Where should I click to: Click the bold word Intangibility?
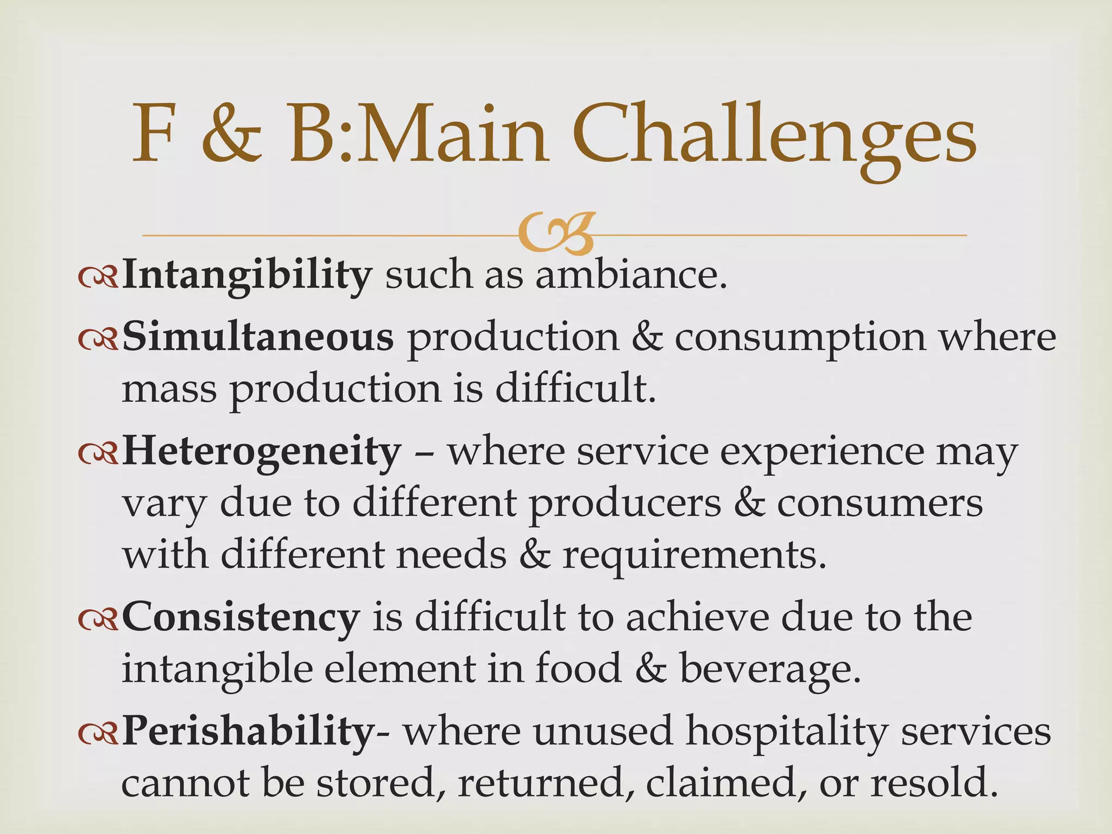247,276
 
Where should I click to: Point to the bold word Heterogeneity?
262,452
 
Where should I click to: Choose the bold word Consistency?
241,618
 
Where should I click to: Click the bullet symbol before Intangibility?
98,279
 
